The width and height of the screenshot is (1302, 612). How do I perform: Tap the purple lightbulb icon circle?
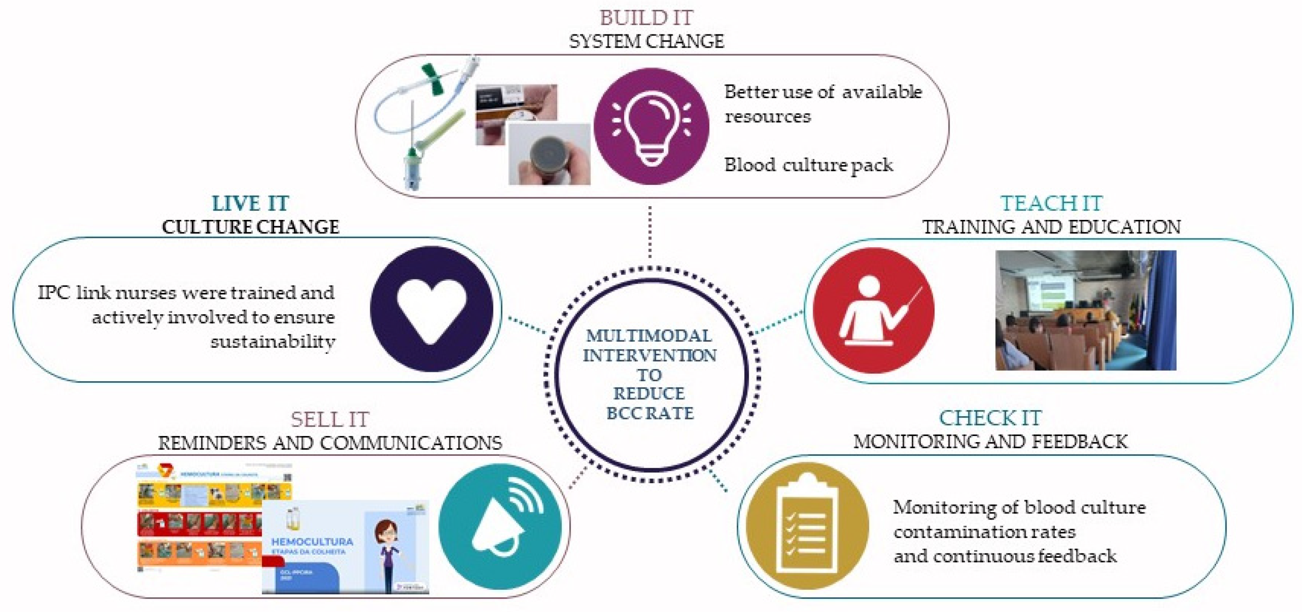(x=651, y=126)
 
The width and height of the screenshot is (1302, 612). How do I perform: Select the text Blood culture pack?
(x=808, y=165)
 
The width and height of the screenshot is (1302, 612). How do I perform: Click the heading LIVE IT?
(x=250, y=203)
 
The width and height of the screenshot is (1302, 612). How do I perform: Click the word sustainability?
(x=273, y=342)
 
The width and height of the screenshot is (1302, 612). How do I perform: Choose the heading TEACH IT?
(x=1052, y=203)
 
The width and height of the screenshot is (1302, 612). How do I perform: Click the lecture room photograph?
(x=1085, y=310)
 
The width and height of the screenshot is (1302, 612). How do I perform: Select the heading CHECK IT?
(x=990, y=418)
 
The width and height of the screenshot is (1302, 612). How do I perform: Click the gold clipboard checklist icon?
(x=807, y=526)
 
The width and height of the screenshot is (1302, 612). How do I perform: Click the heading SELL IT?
(x=330, y=419)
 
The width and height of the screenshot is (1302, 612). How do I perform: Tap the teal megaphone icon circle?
(x=501, y=526)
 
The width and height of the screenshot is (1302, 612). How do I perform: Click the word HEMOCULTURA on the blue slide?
(x=312, y=542)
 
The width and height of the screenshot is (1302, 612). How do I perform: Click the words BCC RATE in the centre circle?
(x=650, y=413)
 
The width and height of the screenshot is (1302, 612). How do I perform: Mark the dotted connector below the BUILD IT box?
(x=650, y=233)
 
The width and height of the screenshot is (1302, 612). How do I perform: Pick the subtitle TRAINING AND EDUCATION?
(x=1052, y=227)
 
